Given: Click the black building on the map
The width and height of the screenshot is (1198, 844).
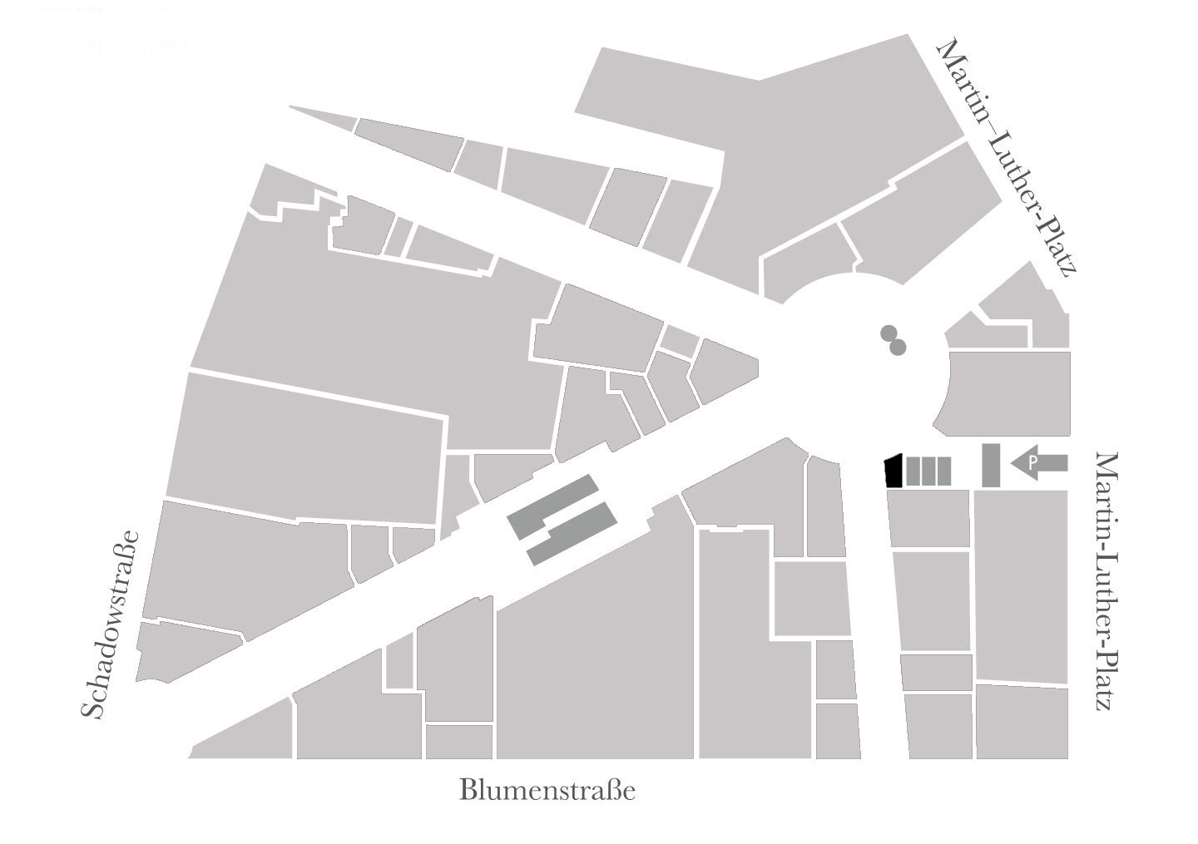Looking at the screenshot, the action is click(x=893, y=471).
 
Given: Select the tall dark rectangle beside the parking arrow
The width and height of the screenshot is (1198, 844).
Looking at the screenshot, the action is click(x=991, y=465).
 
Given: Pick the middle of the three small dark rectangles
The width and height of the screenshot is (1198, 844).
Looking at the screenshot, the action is click(x=928, y=471).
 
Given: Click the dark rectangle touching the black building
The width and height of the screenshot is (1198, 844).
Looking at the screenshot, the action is click(x=913, y=471).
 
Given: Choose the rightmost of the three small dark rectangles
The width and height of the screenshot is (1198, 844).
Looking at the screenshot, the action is click(x=943, y=471).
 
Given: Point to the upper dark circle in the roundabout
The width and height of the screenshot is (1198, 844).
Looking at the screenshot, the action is click(x=889, y=334).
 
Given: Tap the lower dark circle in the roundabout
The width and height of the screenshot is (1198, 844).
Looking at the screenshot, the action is click(x=897, y=347).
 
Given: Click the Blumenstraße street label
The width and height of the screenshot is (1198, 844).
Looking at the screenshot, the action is click(x=547, y=790).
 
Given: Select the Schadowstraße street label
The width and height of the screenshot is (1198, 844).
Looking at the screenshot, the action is click(x=110, y=624).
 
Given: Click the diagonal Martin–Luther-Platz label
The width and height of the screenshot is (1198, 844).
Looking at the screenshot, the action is click(x=1007, y=158).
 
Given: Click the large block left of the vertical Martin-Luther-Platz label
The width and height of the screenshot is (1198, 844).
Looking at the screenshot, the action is click(x=1021, y=585).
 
